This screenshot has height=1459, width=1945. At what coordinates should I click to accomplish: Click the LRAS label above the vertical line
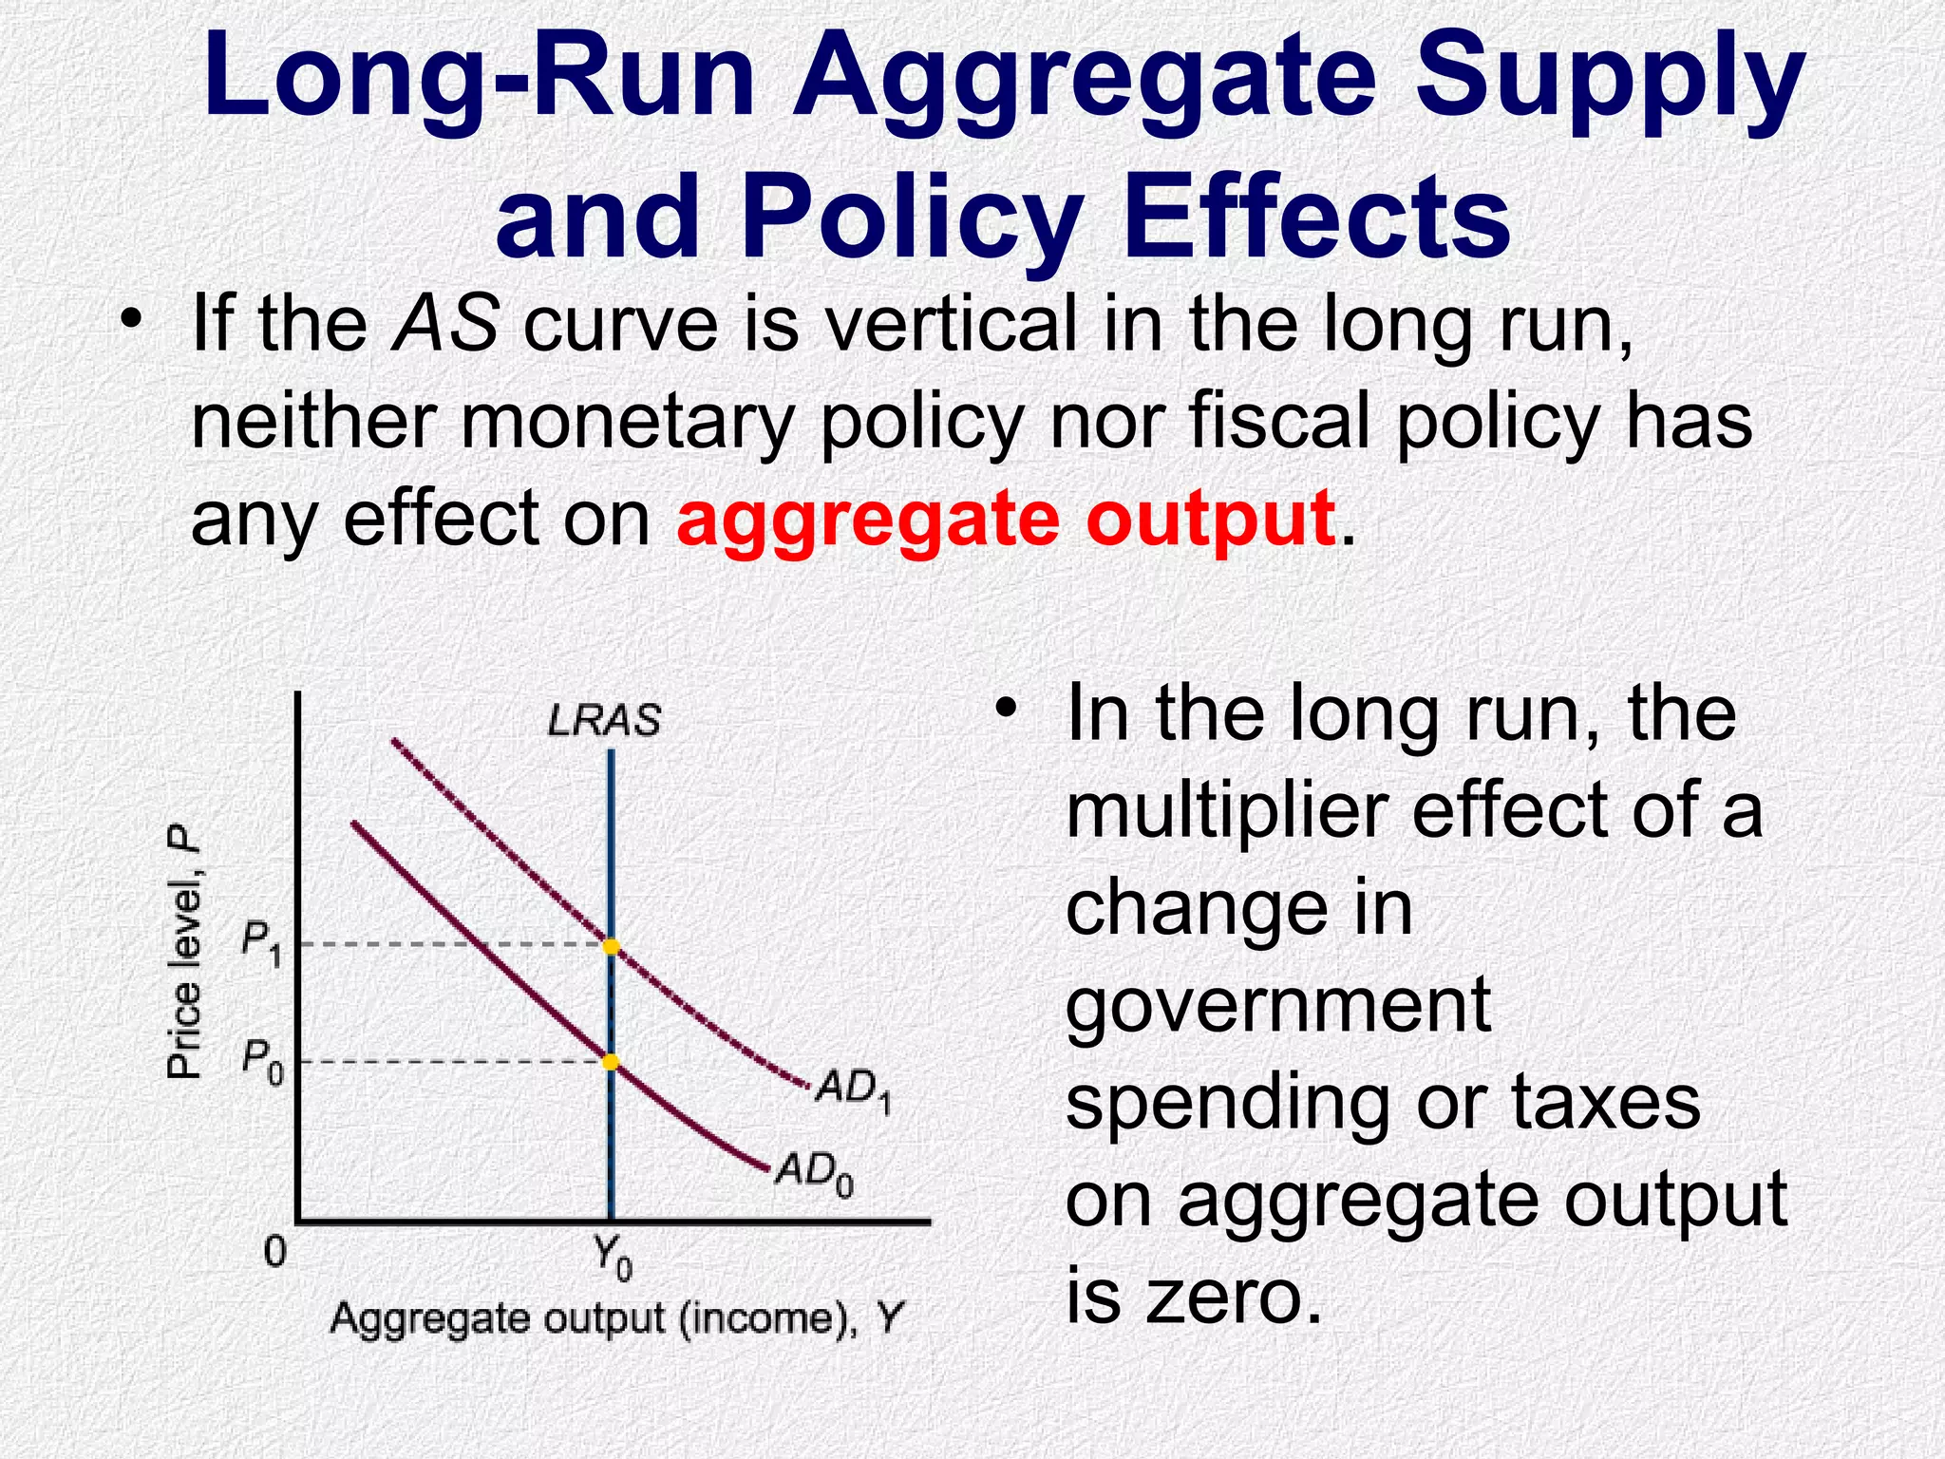(604, 720)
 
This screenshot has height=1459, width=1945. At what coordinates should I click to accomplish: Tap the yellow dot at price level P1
(611, 946)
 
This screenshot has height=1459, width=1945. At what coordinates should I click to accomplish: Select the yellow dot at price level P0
(611, 1061)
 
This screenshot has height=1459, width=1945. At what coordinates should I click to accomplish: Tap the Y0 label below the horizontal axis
(612, 1259)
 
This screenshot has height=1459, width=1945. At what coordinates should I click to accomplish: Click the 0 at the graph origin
(274, 1252)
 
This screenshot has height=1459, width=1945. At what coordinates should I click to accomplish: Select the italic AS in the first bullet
(446, 324)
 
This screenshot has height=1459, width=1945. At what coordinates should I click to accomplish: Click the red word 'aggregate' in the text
(867, 519)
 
